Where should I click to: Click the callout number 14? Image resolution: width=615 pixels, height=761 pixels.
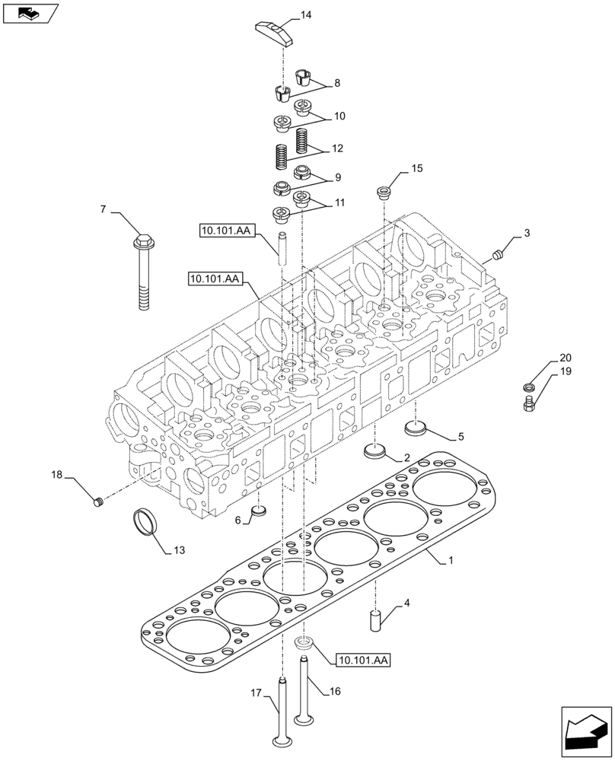tap(306, 14)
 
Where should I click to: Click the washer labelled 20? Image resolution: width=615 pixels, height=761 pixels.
tap(531, 387)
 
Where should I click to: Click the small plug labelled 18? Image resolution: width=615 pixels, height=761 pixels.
tap(97, 501)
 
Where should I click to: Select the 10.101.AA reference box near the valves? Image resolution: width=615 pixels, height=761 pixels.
tap(360, 661)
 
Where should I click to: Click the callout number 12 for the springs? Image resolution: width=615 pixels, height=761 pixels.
tap(336, 148)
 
